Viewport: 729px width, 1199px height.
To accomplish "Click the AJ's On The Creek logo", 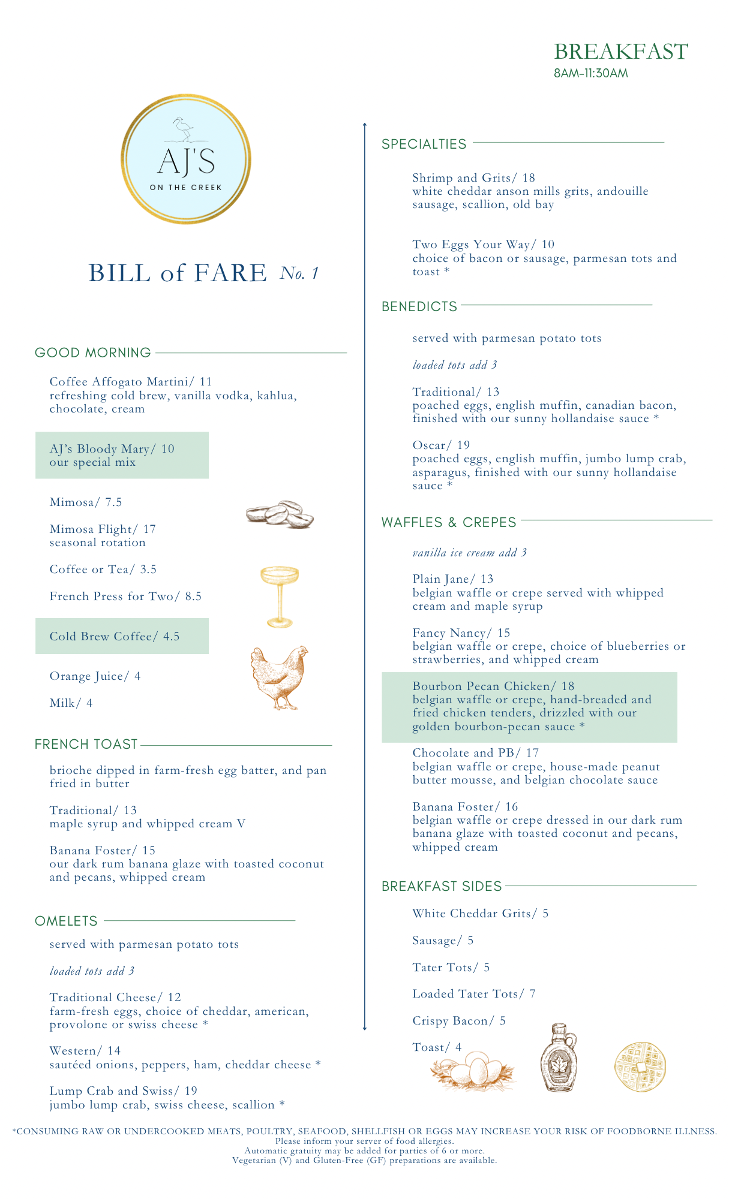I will click(186, 159).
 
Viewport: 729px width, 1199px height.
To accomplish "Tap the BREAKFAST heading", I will click(620, 52).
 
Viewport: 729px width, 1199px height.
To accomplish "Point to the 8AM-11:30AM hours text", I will click(590, 74).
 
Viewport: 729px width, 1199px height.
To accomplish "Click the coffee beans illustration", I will click(280, 514).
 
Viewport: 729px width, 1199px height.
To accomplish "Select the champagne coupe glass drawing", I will click(280, 596).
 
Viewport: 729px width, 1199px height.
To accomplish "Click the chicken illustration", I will click(279, 677).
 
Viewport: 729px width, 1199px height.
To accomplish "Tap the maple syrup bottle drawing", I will click(558, 1058).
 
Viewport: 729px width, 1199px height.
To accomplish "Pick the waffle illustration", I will click(640, 1067).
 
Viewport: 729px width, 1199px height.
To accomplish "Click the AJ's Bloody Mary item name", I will click(112, 449).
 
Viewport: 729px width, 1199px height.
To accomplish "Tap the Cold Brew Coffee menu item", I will click(114, 637).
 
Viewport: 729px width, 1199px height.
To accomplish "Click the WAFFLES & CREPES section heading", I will click(449, 523).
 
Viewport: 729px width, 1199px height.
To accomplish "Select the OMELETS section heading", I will click(66, 921).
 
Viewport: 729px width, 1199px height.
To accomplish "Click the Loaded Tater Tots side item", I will click(473, 994).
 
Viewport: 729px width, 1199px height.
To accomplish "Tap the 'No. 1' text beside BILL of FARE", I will click(299, 274).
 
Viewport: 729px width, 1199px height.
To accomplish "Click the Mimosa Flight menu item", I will click(102, 529).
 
